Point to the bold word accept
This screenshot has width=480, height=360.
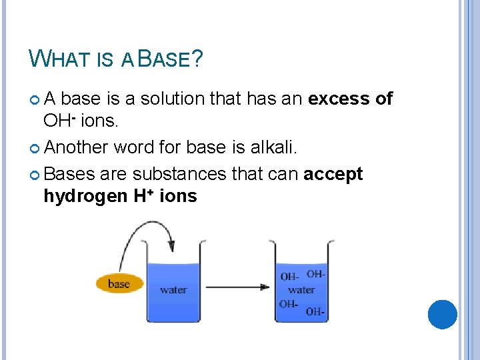tap(333, 174)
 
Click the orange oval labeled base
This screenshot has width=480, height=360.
tap(119, 284)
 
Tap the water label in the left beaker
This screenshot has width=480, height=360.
tap(173, 290)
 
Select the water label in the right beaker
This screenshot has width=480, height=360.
tap(301, 290)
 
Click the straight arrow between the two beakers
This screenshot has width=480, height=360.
tap(237, 287)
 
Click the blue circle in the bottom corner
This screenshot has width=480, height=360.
tap(442, 315)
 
